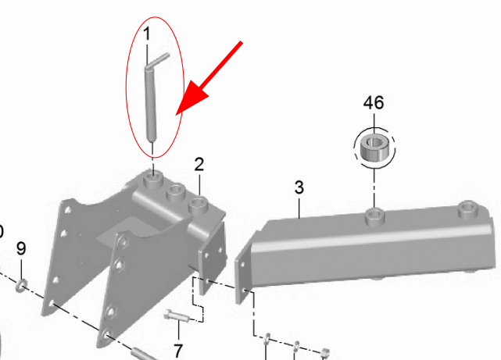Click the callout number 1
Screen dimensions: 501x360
pyautogui.click(x=147, y=34)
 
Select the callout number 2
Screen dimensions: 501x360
pyautogui.click(x=199, y=164)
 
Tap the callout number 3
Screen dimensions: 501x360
pyautogui.click(x=299, y=187)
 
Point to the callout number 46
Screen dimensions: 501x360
pyautogui.click(x=374, y=103)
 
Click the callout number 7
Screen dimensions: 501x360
pyautogui.click(x=178, y=351)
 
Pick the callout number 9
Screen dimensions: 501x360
pyautogui.click(x=21, y=248)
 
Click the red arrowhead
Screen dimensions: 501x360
pyautogui.click(x=192, y=97)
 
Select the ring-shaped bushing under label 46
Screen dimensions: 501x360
pyautogui.click(x=374, y=148)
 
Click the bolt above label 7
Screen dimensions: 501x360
pyautogui.click(x=177, y=316)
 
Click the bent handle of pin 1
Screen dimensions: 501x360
pyautogui.click(x=156, y=61)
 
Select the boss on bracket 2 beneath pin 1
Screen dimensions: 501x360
pyautogui.click(x=153, y=180)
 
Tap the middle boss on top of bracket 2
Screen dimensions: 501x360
pyautogui.click(x=176, y=192)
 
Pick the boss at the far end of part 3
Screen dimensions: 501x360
pyautogui.click(x=468, y=209)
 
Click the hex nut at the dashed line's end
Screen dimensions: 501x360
pyautogui.click(x=324, y=353)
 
